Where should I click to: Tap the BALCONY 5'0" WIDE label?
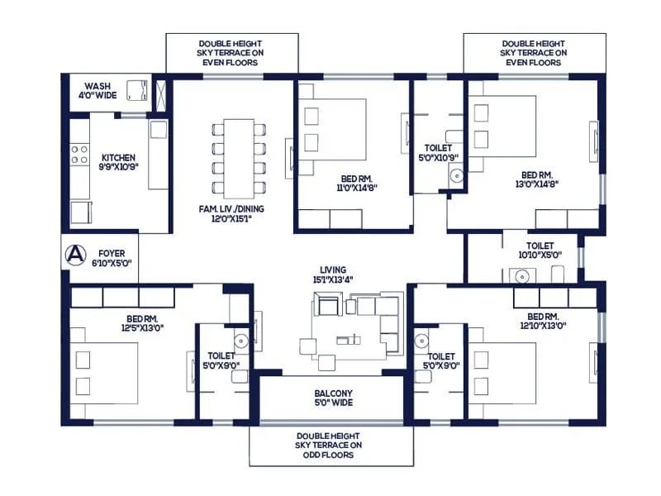click(333, 398)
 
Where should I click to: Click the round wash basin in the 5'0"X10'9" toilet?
click(454, 174)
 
